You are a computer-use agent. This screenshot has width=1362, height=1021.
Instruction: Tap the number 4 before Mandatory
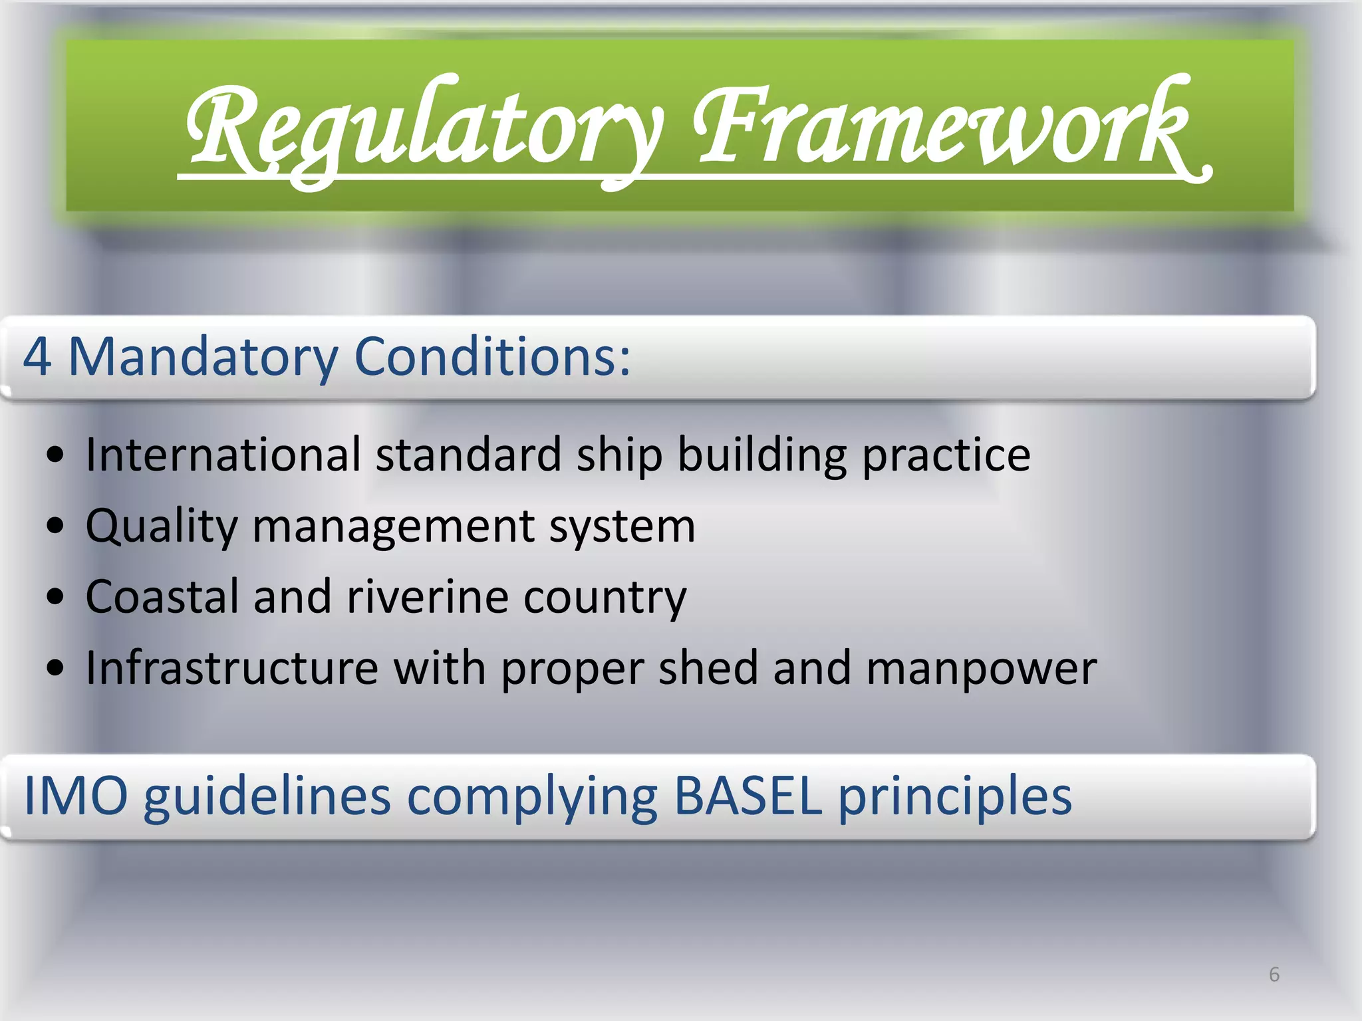click(x=37, y=357)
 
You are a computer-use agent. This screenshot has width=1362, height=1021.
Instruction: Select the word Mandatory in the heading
click(x=203, y=357)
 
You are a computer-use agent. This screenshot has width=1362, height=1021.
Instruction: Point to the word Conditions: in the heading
click(x=492, y=357)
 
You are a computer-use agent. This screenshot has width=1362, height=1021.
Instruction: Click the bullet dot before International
click(x=57, y=456)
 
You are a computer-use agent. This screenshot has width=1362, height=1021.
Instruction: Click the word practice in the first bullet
click(x=946, y=456)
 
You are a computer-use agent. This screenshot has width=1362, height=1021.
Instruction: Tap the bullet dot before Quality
click(x=57, y=526)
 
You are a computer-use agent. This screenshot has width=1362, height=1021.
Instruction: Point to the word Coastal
click(x=162, y=596)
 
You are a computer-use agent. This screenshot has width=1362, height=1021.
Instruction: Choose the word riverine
click(x=428, y=596)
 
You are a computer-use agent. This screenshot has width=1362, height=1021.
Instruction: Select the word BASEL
click(x=748, y=796)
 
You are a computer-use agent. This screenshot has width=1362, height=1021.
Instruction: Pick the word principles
click(x=954, y=797)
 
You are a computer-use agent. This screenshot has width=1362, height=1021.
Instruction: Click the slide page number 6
click(x=1274, y=974)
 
